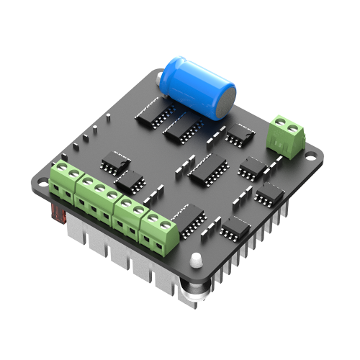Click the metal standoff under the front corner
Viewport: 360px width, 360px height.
pyautogui.click(x=193, y=289)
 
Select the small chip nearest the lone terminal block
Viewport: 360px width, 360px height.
pyautogui.click(x=240, y=135)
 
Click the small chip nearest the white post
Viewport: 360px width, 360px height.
pyautogui.click(x=235, y=228)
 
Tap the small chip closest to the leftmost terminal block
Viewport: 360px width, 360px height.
pyautogui.click(x=114, y=162)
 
